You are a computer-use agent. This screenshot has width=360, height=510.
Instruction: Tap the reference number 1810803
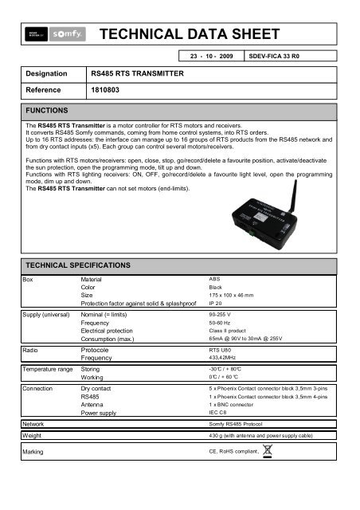[104, 91]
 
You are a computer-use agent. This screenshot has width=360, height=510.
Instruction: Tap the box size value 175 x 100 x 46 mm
[235, 295]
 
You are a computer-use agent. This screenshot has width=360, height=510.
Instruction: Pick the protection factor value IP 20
[215, 304]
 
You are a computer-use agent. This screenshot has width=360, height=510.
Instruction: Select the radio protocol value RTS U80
[220, 350]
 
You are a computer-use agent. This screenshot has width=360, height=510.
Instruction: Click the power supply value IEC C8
[217, 414]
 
